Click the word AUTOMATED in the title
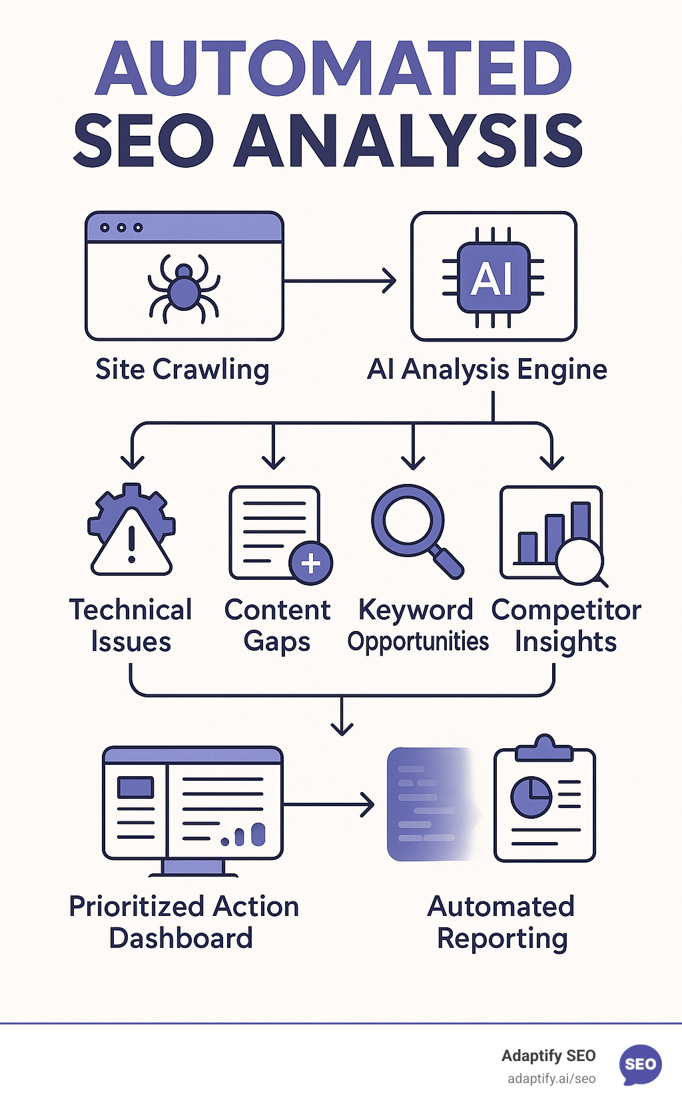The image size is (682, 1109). pos(333,69)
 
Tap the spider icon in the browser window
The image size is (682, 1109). pos(184,288)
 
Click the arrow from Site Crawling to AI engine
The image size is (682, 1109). pos(340,281)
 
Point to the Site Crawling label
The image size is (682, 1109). pos(182,369)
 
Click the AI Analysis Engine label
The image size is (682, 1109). pos(487,369)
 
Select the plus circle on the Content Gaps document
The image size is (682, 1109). pos(310,564)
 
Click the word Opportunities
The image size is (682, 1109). pos(418,642)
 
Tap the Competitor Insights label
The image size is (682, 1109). pos(566,626)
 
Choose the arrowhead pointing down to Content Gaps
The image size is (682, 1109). pos(273,461)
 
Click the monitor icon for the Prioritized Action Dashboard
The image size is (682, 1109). pos(192,809)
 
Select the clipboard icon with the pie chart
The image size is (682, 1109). pos(544,802)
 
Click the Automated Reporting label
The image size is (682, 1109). pos(502,922)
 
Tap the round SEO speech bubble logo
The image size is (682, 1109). pos(640,1064)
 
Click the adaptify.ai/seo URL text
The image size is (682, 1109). pos(551,1079)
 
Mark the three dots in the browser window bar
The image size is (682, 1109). pos(121,228)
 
